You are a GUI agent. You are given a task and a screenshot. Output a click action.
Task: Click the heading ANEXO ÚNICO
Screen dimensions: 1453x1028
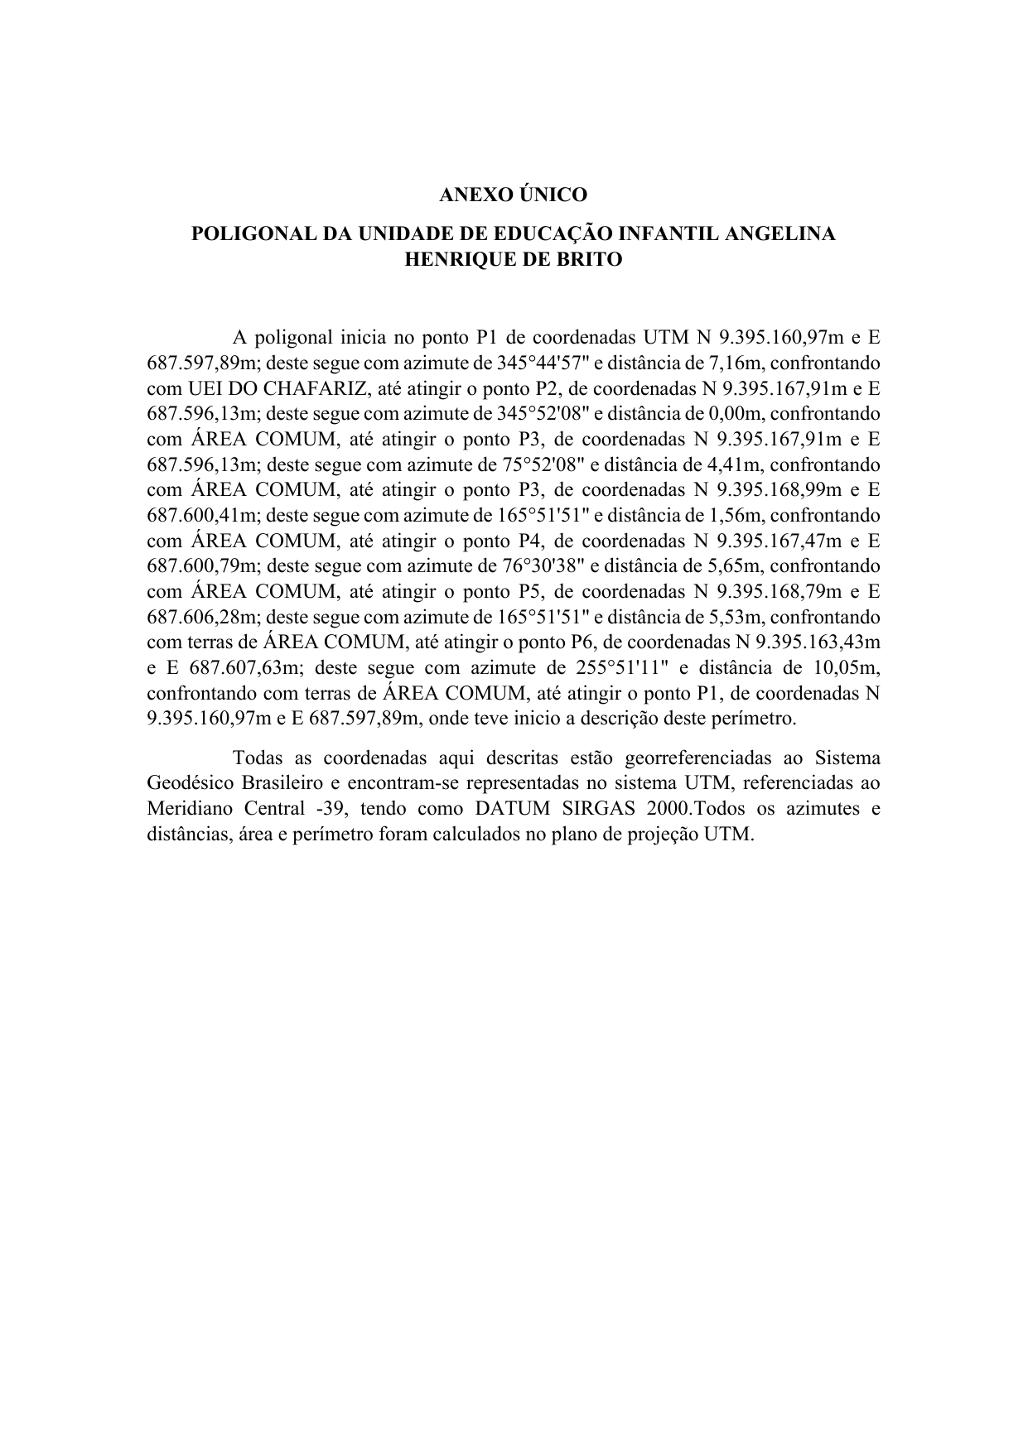[x=513, y=195]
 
